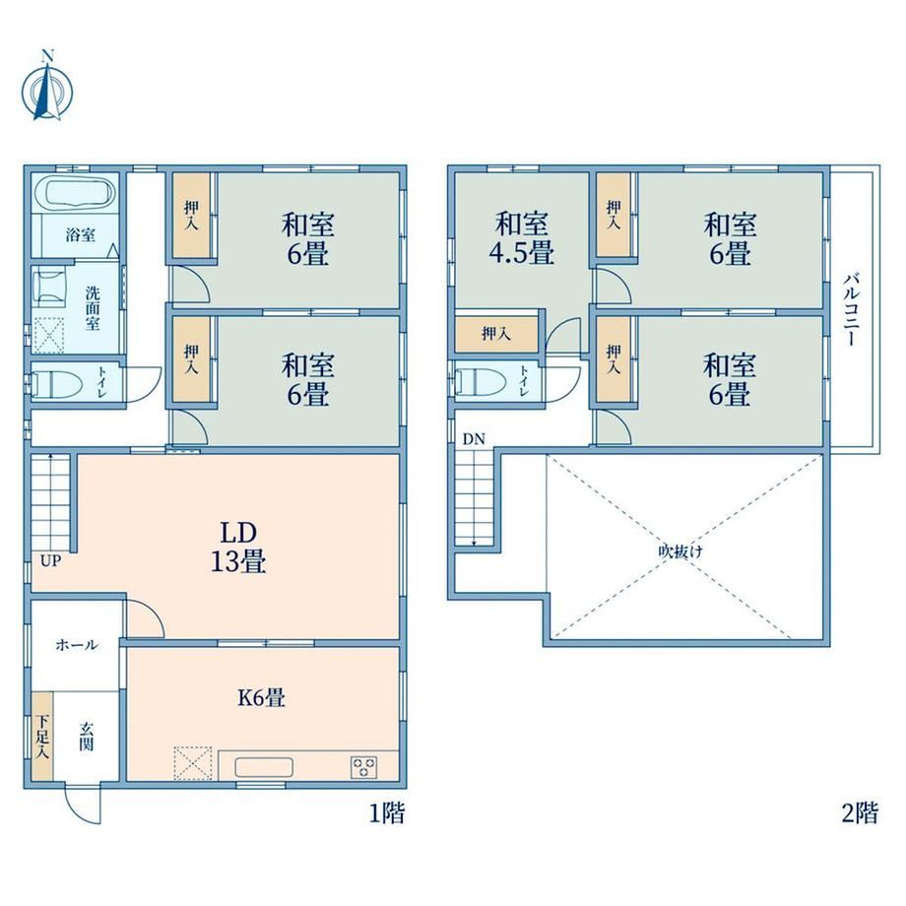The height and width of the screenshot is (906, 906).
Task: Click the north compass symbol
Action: click(x=47, y=90)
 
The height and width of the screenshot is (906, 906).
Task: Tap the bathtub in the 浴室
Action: click(x=78, y=193)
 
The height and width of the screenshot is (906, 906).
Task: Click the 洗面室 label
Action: click(x=93, y=307)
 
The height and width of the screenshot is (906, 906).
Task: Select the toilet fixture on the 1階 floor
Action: click(x=52, y=382)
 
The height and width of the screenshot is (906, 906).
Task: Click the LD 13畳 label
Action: click(x=238, y=547)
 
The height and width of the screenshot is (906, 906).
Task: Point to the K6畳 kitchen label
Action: click(x=261, y=697)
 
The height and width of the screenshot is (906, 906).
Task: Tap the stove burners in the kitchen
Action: click(x=364, y=767)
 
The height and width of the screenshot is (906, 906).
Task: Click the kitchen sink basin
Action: click(x=264, y=767)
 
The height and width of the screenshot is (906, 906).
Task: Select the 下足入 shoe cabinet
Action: click(x=41, y=737)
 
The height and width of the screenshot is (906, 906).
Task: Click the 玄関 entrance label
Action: click(x=86, y=737)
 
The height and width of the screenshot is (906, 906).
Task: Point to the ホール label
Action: click(x=77, y=645)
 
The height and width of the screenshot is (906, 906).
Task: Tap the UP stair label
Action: click(x=50, y=560)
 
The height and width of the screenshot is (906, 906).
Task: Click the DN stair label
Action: click(x=474, y=439)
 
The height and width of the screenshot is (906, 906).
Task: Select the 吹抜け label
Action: click(x=680, y=551)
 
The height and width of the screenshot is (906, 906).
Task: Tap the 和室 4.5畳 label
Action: click(x=522, y=238)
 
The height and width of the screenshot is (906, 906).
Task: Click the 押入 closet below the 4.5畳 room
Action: click(x=496, y=334)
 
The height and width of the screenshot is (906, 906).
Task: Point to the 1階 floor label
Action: click(x=387, y=813)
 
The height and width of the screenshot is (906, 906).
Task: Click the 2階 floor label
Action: click(x=860, y=813)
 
